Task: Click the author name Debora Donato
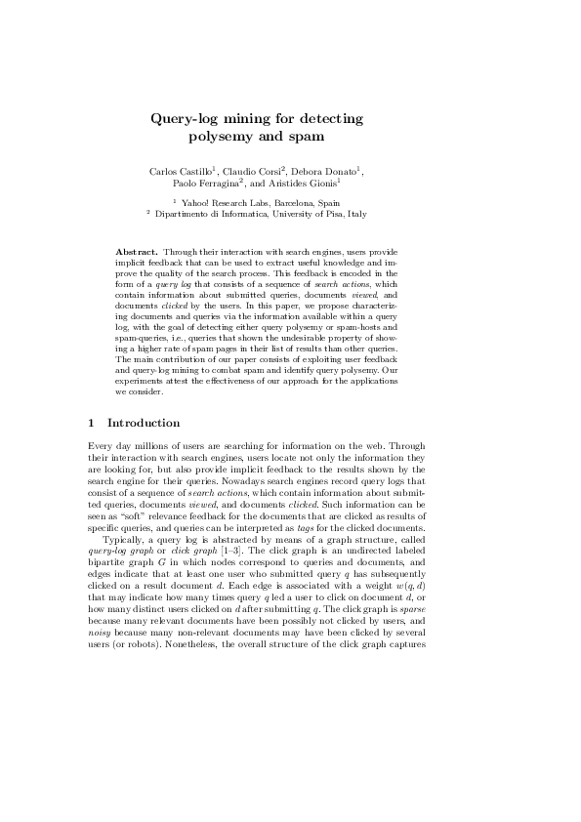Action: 325,172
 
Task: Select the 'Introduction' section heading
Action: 144,424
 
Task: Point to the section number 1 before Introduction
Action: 92,424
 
